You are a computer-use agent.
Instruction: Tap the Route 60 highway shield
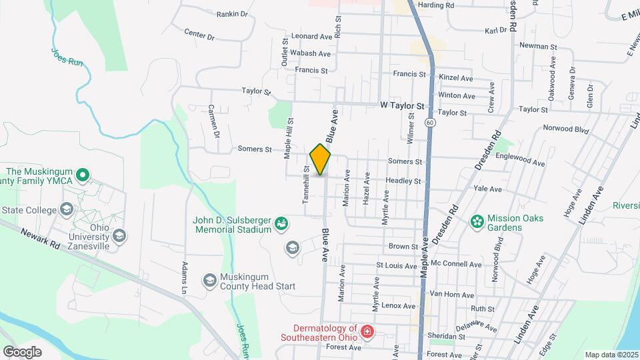430,123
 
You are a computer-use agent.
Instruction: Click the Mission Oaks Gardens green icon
477,221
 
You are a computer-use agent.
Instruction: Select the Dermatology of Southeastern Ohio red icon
366,331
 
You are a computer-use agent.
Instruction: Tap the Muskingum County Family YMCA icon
83,177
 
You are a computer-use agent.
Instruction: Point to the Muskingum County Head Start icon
209,279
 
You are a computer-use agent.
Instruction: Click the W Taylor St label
402,105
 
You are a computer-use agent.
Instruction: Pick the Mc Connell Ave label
456,265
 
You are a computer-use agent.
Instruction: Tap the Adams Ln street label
185,278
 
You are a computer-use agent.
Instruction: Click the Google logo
22,351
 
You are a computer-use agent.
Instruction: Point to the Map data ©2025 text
611,355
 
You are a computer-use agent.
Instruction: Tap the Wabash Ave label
309,54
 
